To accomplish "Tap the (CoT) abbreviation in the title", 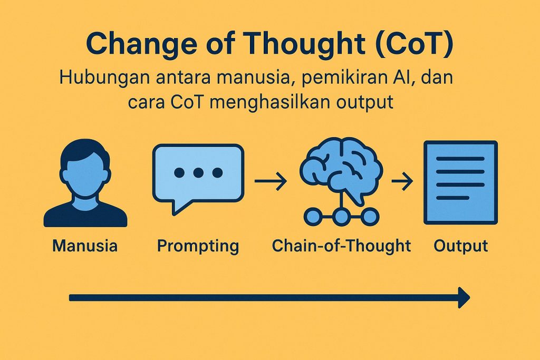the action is tap(414, 44).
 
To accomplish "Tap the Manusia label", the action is tap(85, 246).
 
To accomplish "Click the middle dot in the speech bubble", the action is tap(198, 172).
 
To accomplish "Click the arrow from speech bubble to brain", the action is tap(271, 181).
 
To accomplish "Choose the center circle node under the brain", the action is tap(341, 217).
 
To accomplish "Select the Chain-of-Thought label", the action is tap(341, 246).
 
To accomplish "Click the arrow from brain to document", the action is tap(402, 181).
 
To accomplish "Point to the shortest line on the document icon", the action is tap(452, 198).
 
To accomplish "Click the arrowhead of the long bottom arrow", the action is tap(464, 297).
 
